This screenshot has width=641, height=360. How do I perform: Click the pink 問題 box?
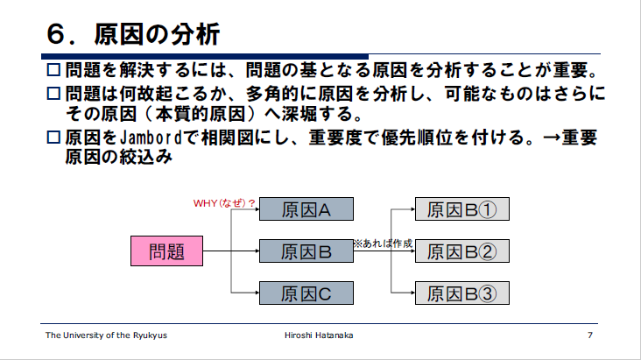tap(167, 251)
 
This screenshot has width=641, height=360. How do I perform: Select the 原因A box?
tap(306, 209)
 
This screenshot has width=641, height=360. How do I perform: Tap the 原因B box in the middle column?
tap(306, 251)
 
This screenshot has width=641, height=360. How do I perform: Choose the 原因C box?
tap(306, 293)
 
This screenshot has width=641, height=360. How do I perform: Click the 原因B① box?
tap(461, 209)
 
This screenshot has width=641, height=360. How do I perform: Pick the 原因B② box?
tap(461, 251)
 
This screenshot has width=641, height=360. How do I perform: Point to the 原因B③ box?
tap(461, 293)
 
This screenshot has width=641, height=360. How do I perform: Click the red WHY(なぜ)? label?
tap(224, 203)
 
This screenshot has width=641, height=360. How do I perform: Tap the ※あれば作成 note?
tap(382, 243)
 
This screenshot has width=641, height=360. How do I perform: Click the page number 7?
tap(591, 336)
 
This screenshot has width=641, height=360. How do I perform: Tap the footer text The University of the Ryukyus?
tap(107, 336)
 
